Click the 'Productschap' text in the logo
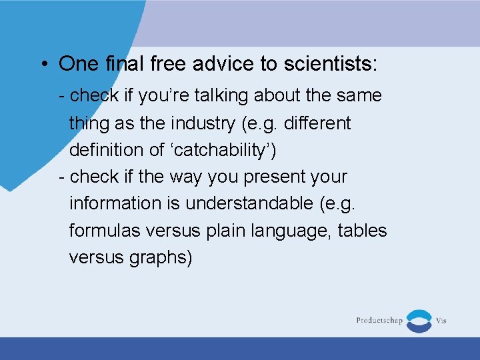(x=379, y=321)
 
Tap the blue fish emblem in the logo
(x=419, y=321)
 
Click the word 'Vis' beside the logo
(x=441, y=321)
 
